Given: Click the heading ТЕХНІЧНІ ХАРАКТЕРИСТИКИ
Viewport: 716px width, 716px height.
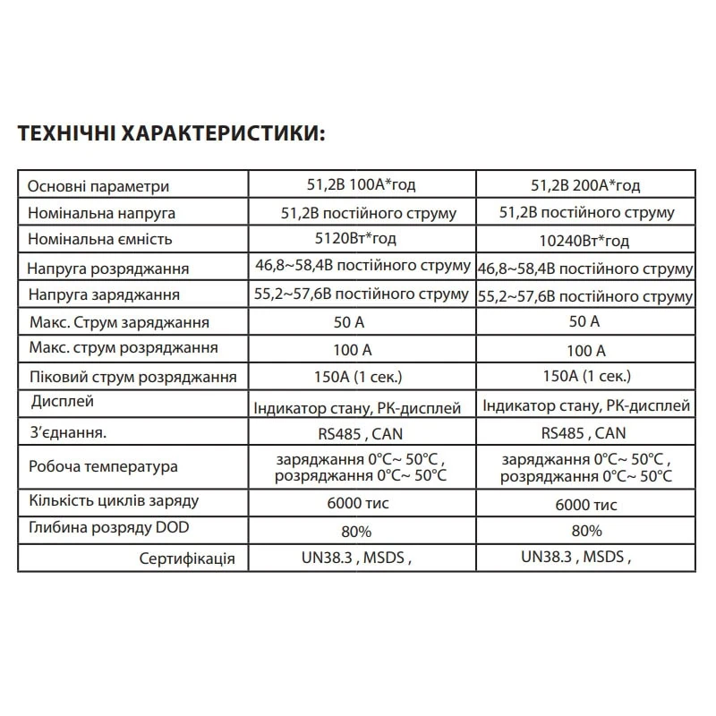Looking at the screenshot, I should tap(173, 133).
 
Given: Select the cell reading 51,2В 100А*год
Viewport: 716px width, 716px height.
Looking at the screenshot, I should tap(361, 186).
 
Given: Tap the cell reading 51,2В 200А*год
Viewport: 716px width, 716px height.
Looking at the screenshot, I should tap(585, 186).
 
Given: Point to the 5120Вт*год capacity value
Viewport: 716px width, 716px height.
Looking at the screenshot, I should tap(361, 240).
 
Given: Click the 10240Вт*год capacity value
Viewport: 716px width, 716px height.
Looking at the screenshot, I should tap(585, 241).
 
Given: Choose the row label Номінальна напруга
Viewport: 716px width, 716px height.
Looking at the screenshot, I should tap(102, 214).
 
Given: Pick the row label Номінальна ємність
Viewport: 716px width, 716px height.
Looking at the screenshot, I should tap(99, 240).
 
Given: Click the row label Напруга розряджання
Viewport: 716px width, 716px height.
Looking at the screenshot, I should tap(107, 268).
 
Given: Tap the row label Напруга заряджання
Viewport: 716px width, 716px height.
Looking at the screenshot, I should tap(104, 294).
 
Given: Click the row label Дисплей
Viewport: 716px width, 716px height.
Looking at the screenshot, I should tap(62, 401).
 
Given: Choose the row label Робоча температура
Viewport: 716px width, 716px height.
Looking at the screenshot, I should tap(103, 466).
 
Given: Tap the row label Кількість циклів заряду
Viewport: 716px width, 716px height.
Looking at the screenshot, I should tap(114, 501).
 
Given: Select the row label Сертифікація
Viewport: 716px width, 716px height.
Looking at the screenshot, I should tap(187, 559).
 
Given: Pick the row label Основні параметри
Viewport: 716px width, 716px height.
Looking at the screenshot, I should tap(98, 187).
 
